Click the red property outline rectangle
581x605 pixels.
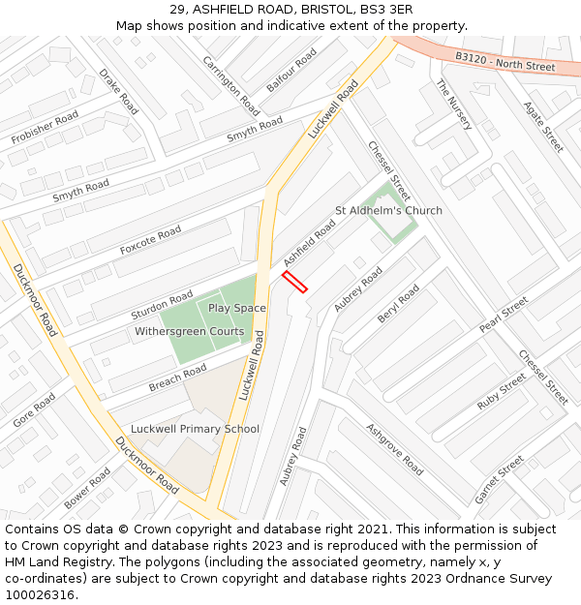294,282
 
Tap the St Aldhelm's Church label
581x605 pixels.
388,210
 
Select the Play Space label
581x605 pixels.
236,308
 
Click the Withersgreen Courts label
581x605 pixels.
189,332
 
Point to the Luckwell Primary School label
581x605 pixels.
195,429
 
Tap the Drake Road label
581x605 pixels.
119,91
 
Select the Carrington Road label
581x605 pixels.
230,84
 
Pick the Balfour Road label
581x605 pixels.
291,70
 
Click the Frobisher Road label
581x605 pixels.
45,129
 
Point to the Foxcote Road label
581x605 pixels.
150,241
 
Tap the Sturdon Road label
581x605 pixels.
162,304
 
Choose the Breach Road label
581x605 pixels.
178,378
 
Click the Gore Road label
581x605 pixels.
34,410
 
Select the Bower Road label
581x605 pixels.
87,489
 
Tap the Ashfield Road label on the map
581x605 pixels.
310,243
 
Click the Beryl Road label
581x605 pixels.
398,305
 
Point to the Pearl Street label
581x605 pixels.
504,315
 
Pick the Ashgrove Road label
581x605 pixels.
394,449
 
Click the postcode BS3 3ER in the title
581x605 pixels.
386,9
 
